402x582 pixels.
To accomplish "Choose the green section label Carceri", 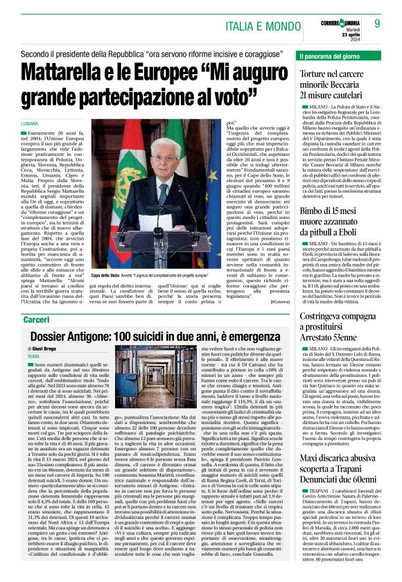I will (36, 299).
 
